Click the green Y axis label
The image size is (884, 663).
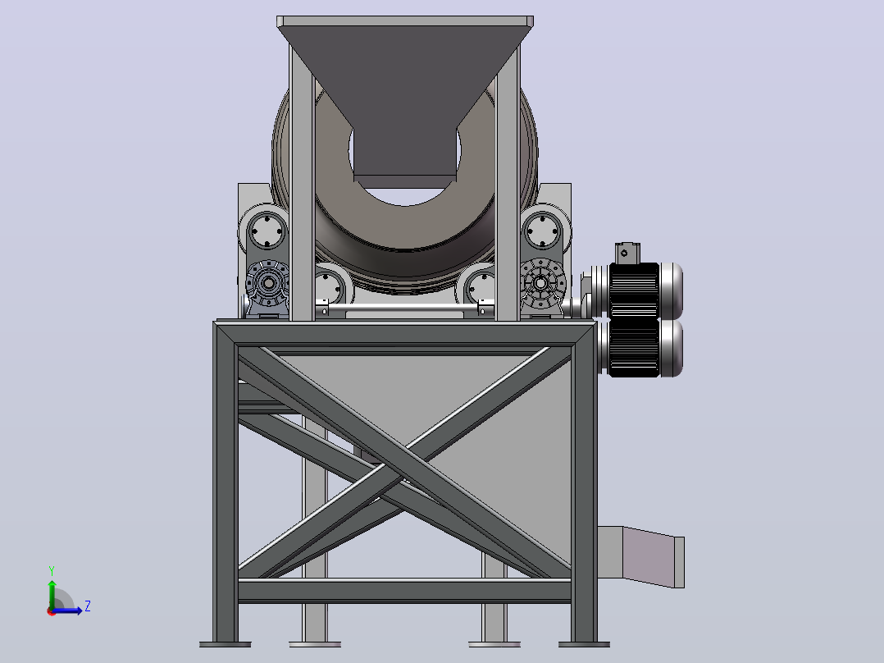(x=52, y=570)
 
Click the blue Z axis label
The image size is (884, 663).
(x=88, y=606)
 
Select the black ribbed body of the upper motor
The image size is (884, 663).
(x=634, y=291)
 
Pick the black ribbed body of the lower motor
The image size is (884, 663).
(x=634, y=349)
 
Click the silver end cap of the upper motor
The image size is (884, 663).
(x=672, y=291)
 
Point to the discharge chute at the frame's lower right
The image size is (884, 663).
(x=641, y=556)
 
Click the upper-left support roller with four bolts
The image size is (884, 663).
(x=266, y=231)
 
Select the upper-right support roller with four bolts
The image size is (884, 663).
(x=542, y=231)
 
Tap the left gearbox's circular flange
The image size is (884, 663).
(x=268, y=283)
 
